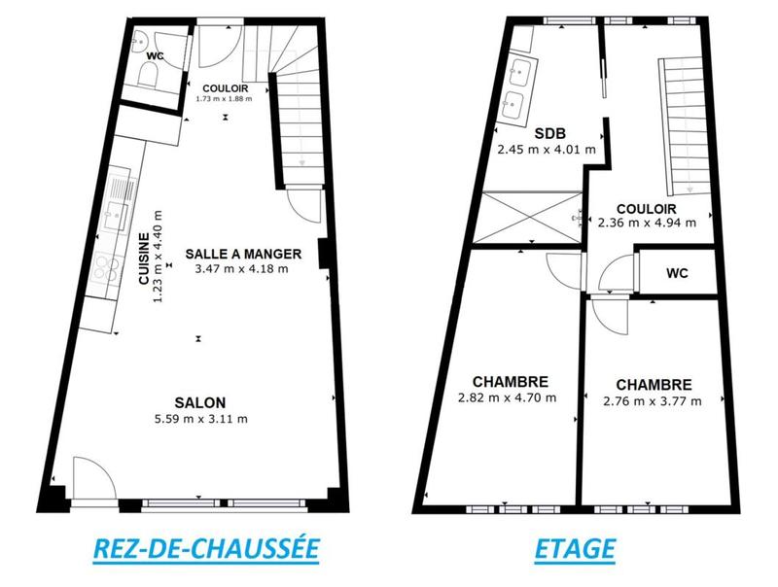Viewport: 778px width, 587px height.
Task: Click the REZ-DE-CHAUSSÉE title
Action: (x=205, y=548)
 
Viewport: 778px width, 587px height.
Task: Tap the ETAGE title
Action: (x=575, y=548)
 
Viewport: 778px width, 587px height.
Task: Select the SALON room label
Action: (x=200, y=403)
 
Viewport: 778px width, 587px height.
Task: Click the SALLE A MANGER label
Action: (x=243, y=254)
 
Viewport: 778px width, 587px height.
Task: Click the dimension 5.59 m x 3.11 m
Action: (x=200, y=419)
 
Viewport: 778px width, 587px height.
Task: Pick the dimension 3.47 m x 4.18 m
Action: (x=243, y=269)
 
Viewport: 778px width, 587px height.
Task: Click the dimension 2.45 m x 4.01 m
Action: (x=544, y=150)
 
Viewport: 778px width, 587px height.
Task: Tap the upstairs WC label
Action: (x=677, y=273)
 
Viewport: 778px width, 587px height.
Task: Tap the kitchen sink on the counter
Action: (x=119, y=199)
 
